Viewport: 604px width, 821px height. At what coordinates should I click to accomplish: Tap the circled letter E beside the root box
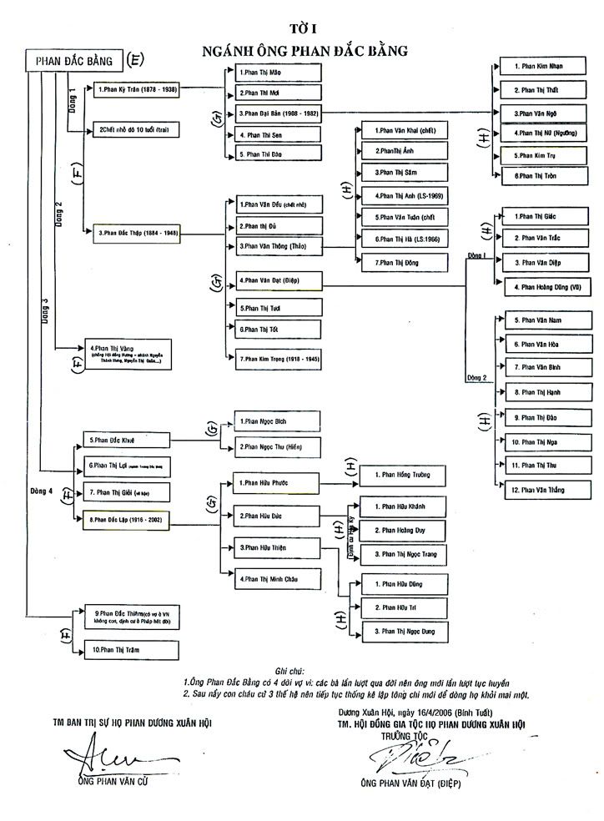(x=135, y=60)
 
